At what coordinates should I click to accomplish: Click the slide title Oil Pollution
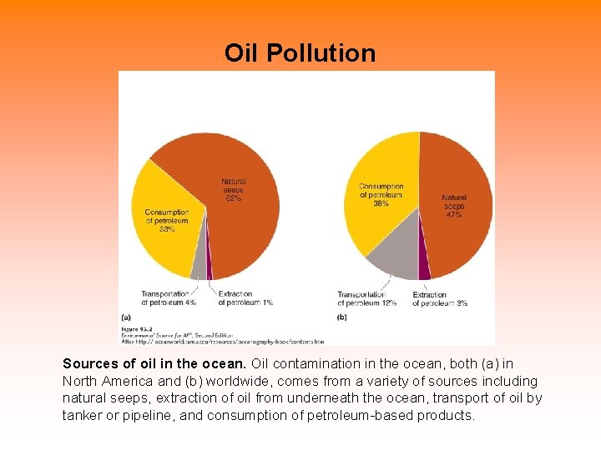[300, 53]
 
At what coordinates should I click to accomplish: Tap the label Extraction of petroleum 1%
[245, 298]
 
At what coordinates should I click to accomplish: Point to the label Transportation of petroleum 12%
[366, 298]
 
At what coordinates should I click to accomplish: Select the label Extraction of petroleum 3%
[440, 298]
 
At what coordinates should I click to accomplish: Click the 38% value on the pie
[381, 202]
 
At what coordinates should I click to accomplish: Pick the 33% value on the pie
[166, 229]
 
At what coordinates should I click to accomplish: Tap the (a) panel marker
[125, 317]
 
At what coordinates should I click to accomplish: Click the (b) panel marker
[341, 317]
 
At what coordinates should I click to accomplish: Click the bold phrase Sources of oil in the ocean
[154, 364]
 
